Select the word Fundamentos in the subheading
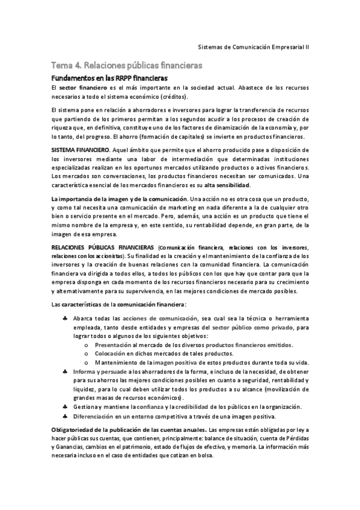click(x=74, y=78)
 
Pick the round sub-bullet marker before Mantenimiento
click(x=87, y=363)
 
